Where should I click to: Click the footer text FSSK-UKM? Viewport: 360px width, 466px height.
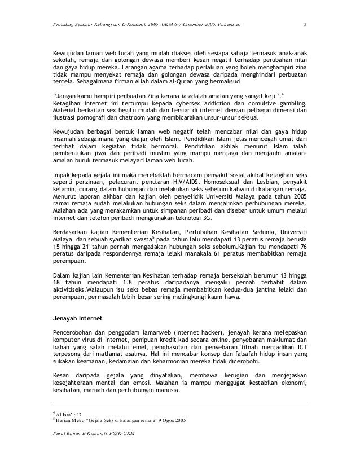[127, 433]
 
